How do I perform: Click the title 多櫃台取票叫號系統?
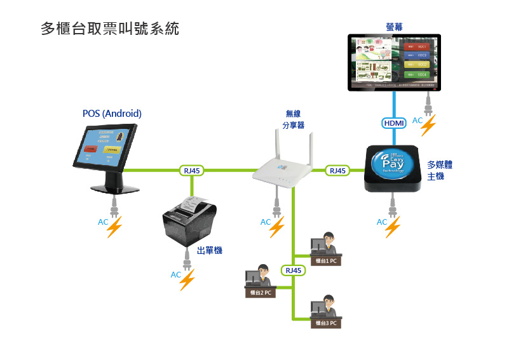pyautogui.click(x=110, y=29)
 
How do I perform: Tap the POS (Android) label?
pyautogui.click(x=112, y=114)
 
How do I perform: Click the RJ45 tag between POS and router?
pyautogui.click(x=192, y=170)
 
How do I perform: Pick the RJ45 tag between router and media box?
pyautogui.click(x=337, y=170)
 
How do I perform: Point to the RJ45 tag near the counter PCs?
pyautogui.click(x=293, y=270)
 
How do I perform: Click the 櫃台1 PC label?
pyautogui.click(x=326, y=260)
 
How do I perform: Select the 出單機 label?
pyautogui.click(x=210, y=251)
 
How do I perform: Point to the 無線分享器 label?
pyautogui.click(x=293, y=119)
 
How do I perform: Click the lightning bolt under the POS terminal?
pyautogui.click(x=115, y=227)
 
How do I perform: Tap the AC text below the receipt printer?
pyautogui.click(x=176, y=275)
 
